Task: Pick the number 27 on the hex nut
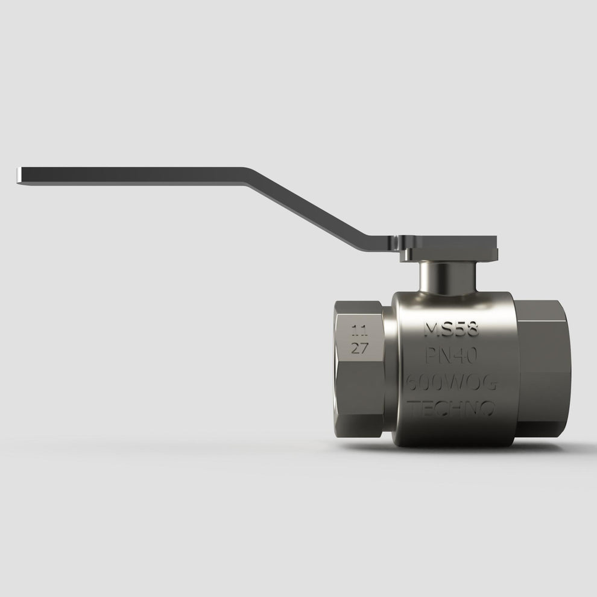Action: click(x=360, y=348)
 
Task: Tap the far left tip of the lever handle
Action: click(x=18, y=175)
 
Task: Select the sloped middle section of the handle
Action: click(x=314, y=208)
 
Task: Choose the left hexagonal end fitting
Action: click(x=359, y=368)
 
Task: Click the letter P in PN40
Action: click(x=432, y=356)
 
